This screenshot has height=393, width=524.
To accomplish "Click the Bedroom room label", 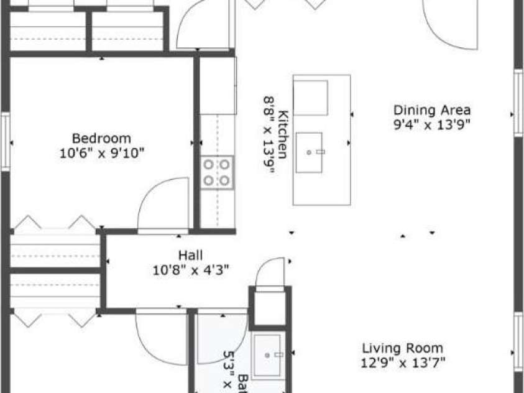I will tap(102, 139).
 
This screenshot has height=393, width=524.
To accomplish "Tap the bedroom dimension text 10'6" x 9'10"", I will tap(102, 153).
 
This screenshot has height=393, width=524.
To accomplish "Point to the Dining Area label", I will tap(432, 110).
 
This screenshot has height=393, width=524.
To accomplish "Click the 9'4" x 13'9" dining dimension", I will tap(432, 124).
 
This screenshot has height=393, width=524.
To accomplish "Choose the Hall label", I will tap(191, 255).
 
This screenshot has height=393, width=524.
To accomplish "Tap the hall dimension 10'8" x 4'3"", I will tap(191, 270).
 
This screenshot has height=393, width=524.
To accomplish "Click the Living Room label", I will tap(403, 348).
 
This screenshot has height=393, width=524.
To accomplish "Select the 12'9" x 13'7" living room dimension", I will tap(403, 363).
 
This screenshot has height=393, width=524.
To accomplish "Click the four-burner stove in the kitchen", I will tap(217, 172).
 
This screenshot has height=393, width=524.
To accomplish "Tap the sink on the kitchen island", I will tap(309, 152).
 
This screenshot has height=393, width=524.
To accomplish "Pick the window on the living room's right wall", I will tap(517, 342).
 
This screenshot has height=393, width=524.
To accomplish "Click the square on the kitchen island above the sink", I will tap(310, 98).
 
